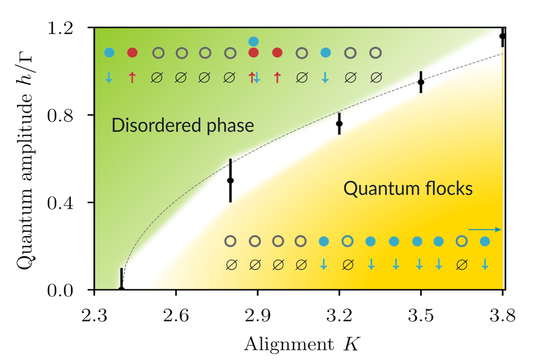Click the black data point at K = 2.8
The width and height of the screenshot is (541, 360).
tap(230, 180)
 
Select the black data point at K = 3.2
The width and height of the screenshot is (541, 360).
tap(339, 124)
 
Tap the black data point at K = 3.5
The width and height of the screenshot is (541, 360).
tap(421, 82)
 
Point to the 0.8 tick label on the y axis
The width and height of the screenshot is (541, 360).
tap(61, 116)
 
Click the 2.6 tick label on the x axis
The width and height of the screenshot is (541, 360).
tap(176, 315)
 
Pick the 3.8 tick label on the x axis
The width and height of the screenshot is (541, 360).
tap(502, 315)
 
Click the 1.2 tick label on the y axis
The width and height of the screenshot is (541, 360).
tap(61, 28)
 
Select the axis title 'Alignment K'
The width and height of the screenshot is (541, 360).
tap(302, 344)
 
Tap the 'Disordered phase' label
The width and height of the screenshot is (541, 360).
tap(182, 125)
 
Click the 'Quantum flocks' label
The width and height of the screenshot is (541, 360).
tap(408, 189)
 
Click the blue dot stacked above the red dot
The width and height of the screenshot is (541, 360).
tap(253, 42)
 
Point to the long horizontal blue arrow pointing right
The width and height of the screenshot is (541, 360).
tap(485, 229)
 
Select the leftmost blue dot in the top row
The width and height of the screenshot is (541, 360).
tap(109, 53)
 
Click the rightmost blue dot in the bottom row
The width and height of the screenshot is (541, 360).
tap(485, 241)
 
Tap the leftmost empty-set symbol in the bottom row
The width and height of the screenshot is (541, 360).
tap(231, 265)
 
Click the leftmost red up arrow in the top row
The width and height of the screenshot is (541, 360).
tap(132, 78)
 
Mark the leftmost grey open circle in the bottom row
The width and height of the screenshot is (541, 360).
tap(230, 241)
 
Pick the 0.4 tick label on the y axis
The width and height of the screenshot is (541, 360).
tap(61, 203)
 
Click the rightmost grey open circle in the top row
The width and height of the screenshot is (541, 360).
tap(375, 53)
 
